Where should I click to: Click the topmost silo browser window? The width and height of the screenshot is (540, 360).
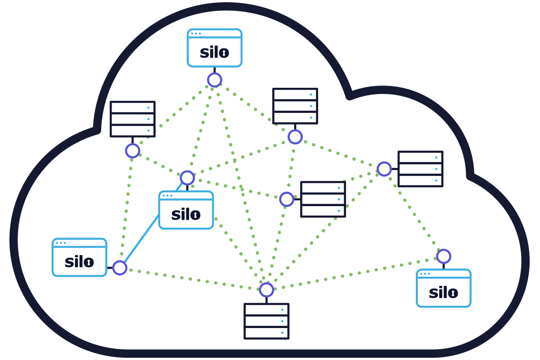(215, 48)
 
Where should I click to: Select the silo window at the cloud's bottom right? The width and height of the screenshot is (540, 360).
(443, 288)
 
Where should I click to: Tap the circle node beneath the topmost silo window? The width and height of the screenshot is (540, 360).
(215, 80)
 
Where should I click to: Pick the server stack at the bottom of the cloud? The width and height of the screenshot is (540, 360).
(266, 321)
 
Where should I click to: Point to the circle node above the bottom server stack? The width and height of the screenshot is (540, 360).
(266, 290)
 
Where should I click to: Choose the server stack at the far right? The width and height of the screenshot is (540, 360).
(420, 169)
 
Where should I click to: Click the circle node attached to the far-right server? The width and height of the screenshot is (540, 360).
(384, 169)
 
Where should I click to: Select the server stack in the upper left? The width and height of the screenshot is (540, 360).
(132, 119)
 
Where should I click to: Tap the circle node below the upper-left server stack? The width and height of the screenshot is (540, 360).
(132, 151)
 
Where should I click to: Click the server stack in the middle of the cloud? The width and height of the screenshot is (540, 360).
(323, 199)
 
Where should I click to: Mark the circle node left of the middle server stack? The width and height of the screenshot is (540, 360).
(287, 199)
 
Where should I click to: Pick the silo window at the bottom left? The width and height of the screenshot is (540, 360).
(79, 257)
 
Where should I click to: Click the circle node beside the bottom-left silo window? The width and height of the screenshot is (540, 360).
(120, 268)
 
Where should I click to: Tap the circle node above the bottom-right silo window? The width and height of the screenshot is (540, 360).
(443, 256)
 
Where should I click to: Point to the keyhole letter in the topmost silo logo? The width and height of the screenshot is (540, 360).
(224, 53)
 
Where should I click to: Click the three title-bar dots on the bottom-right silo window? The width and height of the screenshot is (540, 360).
(425, 274)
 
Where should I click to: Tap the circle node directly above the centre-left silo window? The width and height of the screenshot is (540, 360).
(187, 178)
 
